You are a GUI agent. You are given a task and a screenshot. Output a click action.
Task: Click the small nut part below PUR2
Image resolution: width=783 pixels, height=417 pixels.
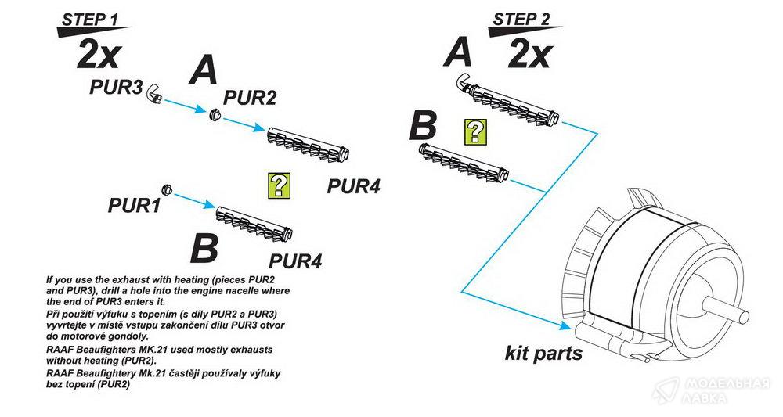click(212, 114)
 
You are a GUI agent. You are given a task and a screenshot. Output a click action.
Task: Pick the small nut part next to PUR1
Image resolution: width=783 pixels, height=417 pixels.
click(166, 190)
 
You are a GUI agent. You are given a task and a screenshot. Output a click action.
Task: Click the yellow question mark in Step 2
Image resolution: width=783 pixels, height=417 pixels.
click(473, 132)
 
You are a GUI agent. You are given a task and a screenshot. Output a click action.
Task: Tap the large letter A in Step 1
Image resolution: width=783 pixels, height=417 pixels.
click(204, 71)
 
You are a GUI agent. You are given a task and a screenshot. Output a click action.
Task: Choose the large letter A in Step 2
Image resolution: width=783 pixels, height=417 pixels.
click(459, 52)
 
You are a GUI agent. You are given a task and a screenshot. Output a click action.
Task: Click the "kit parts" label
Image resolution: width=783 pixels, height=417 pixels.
click(543, 353)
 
